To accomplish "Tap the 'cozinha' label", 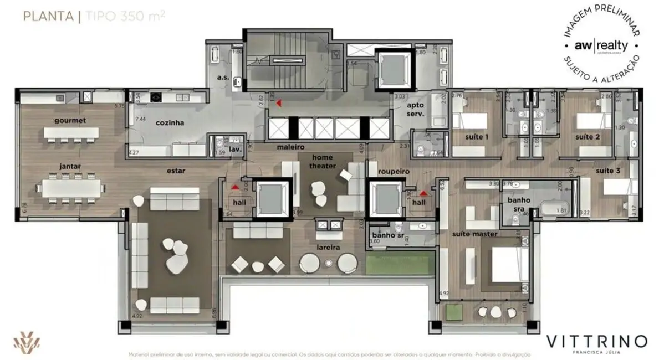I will (x=170, y=123).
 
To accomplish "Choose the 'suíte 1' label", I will (x=477, y=136).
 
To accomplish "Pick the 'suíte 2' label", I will (x=585, y=136).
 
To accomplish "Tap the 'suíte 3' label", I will (x=608, y=171).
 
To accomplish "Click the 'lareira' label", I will (x=328, y=248).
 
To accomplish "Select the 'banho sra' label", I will (x=519, y=204).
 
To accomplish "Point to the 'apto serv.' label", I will (x=415, y=109).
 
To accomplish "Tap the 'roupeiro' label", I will (x=394, y=172).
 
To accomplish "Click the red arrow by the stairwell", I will (x=279, y=102).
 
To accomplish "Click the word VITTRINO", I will (x=596, y=340).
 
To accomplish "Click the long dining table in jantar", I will (x=73, y=188).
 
